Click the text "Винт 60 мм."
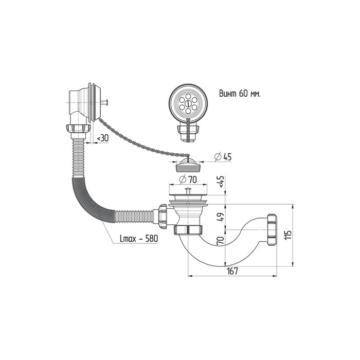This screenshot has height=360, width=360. coord(240,94)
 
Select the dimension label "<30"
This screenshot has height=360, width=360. coord(103,138)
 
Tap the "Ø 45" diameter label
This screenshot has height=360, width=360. coord(223,156)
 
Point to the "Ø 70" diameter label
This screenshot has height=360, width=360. coord(188,179)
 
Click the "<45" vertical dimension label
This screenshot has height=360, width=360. coord(221,182)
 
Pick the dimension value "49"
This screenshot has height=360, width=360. coord(221,217)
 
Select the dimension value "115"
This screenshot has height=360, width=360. coord(288,235)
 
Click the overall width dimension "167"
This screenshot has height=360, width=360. coord(232,271)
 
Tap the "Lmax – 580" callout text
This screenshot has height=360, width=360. coord(139,239)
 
